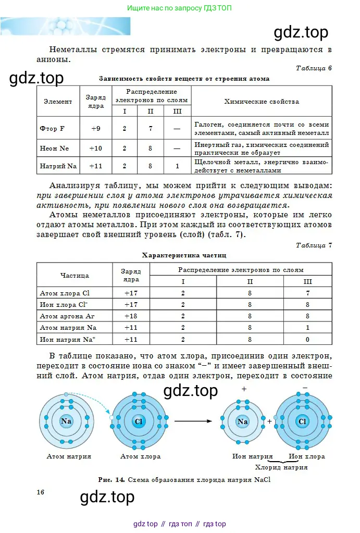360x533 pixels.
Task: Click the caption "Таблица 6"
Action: tap(314, 68)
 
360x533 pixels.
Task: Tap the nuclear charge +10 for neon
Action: tap(96, 148)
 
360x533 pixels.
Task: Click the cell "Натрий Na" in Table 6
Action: tap(58, 166)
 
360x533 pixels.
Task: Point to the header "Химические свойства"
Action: tap(262, 102)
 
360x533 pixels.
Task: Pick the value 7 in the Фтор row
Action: tap(150, 128)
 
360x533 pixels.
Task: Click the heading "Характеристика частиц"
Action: tap(184, 255)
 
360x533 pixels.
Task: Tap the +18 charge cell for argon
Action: tap(130, 316)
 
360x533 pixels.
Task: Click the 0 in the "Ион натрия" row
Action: tap(308, 340)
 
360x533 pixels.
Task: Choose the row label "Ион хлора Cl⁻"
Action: tap(64, 304)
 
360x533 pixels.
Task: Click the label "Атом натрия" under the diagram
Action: tap(69, 456)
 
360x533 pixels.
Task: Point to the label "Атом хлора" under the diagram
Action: tap(140, 456)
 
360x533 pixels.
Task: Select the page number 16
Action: tap(41, 492)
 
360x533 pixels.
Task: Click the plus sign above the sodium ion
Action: tap(244, 389)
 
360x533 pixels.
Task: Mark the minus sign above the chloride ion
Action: tap(305, 387)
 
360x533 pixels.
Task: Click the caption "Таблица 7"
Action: tap(314, 245)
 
